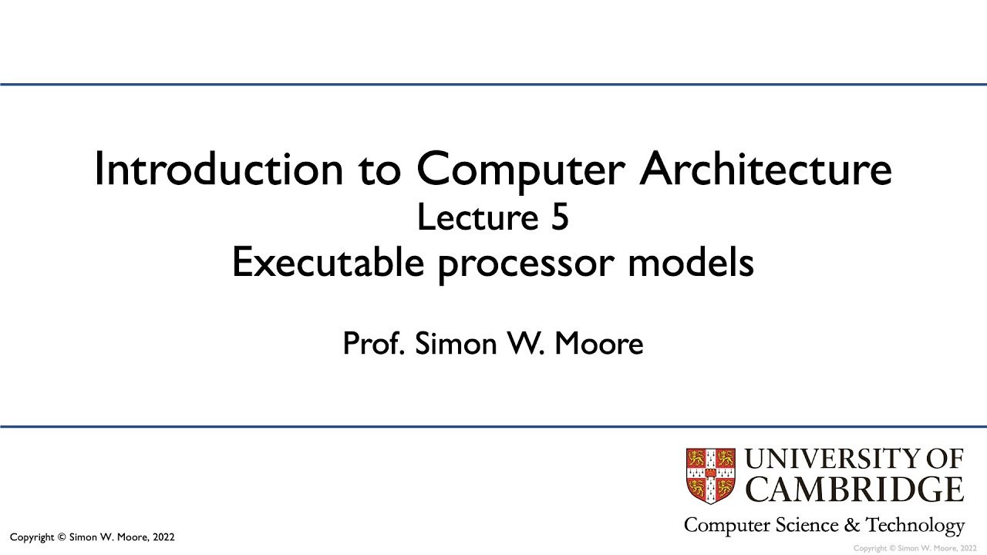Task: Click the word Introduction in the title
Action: point(218,169)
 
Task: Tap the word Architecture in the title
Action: point(766,169)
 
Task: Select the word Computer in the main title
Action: point(521,169)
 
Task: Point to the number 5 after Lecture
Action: point(559,218)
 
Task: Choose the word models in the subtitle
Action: point(690,264)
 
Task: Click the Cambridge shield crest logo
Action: point(710,476)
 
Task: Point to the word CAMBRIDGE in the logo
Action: point(855,489)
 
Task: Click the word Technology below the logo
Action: point(915,526)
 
